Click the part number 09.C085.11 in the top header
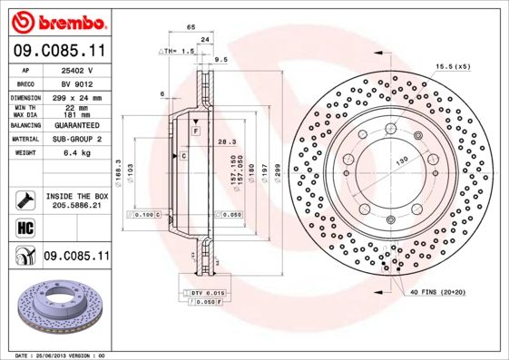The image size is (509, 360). (59, 54)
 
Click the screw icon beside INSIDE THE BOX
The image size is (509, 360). (24, 199)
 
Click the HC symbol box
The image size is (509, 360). (24, 228)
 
